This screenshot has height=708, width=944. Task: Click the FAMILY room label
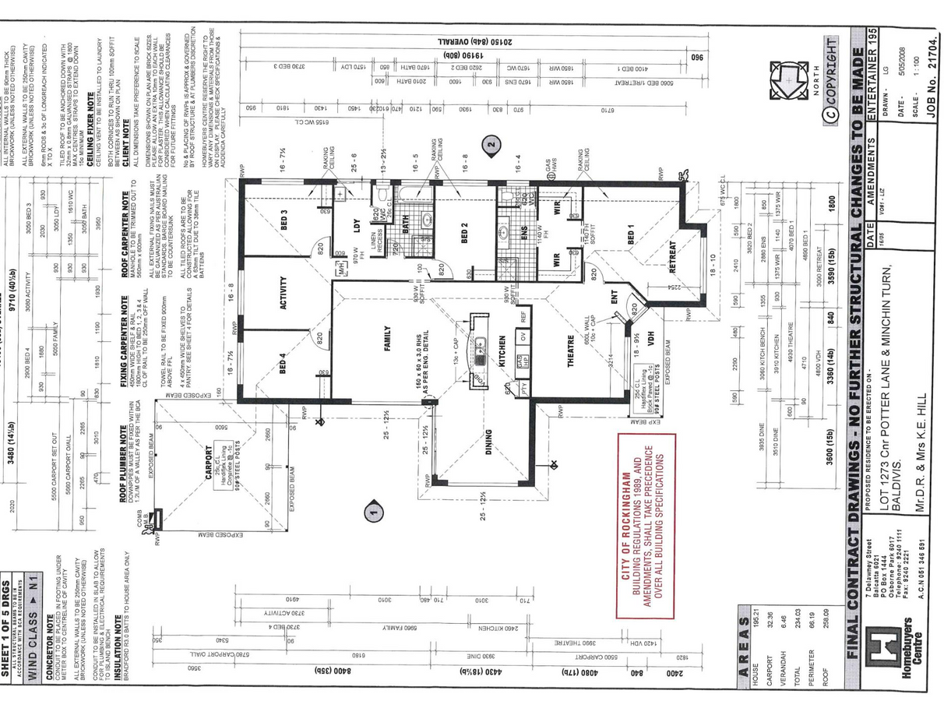387,339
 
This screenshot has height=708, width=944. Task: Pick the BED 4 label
283,365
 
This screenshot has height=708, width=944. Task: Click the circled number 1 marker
374,511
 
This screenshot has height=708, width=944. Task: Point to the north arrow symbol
790,80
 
